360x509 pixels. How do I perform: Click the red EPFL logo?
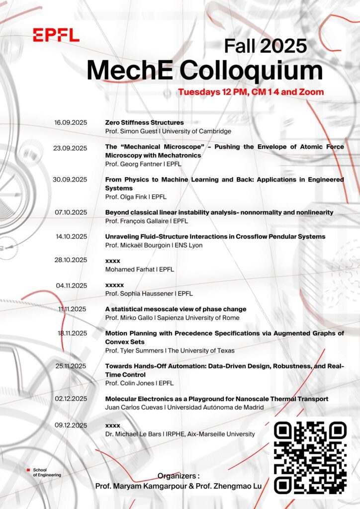tap(56, 35)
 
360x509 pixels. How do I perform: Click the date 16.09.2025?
tap(71, 122)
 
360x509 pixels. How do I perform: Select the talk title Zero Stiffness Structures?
tap(144, 122)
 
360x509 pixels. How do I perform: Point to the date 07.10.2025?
tap(71, 212)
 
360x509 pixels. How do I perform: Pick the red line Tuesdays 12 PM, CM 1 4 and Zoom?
tap(251, 92)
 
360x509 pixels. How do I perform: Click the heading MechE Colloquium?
tap(204, 70)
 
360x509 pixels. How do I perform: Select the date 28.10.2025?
tap(71, 260)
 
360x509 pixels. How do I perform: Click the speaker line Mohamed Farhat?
tap(137, 269)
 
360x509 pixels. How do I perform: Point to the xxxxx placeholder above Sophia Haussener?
tap(114, 285)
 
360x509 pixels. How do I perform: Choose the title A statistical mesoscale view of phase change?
tap(176, 309)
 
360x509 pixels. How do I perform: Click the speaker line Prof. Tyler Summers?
tap(170, 350)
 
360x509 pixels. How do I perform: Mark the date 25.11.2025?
tap(71, 366)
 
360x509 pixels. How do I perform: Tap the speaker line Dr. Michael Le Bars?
tap(180, 434)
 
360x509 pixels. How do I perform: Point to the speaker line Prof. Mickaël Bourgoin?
tap(154, 246)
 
